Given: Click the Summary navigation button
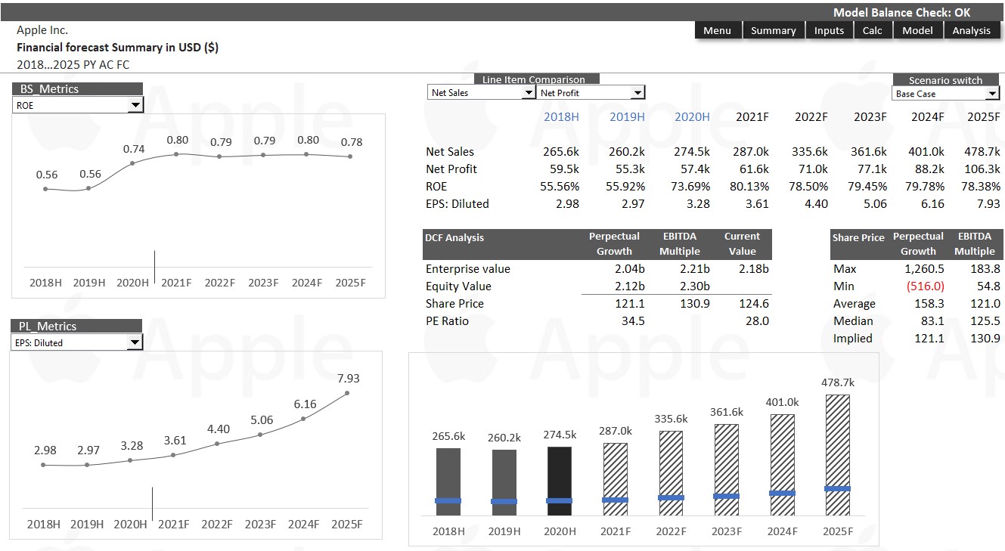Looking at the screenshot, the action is pyautogui.click(x=773, y=30).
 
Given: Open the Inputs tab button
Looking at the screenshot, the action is pyautogui.click(x=829, y=30).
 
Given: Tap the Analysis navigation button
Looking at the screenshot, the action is pyautogui.click(x=972, y=30).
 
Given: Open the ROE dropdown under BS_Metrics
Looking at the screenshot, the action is pyautogui.click(x=78, y=105).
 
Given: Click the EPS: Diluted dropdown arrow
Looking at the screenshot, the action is pyautogui.click(x=134, y=342).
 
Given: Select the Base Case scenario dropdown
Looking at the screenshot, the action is pyautogui.click(x=945, y=94).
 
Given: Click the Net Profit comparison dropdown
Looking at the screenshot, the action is pyautogui.click(x=591, y=93).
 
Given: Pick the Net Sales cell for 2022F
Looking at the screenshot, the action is pyautogui.click(x=809, y=151).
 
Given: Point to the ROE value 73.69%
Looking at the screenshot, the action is pyautogui.click(x=690, y=187).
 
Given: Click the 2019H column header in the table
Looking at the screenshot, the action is pyautogui.click(x=627, y=117).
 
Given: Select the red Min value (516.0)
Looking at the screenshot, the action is pyautogui.click(x=925, y=286).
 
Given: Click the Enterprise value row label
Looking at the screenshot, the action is pyautogui.click(x=468, y=269).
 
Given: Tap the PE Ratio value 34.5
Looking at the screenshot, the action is pyautogui.click(x=633, y=321).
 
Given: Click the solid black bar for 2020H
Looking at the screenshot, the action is pyautogui.click(x=560, y=481).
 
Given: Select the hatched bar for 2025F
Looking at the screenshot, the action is pyautogui.click(x=838, y=455).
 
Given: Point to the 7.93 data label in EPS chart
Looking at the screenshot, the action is pyautogui.click(x=348, y=379).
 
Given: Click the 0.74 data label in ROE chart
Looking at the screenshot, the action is pyautogui.click(x=134, y=149).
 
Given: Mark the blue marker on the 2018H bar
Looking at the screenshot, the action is pyautogui.click(x=448, y=501).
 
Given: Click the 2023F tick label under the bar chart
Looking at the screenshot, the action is pyautogui.click(x=727, y=531).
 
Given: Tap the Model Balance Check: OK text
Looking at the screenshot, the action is pyautogui.click(x=902, y=13).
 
